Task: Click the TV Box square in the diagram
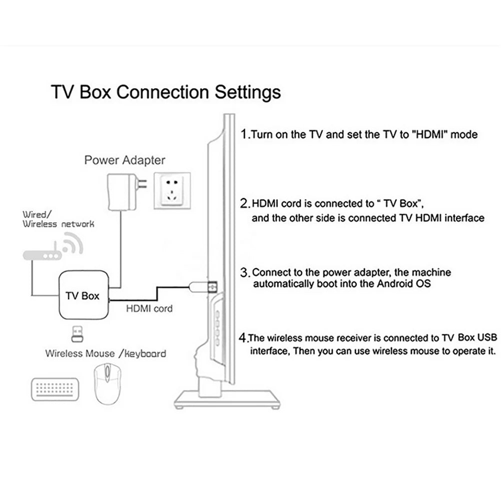[83, 295]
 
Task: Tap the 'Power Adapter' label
[125, 160]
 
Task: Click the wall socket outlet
[172, 190]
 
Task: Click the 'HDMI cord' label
[149, 308]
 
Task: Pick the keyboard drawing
[54, 381]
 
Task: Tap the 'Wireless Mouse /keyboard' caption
[106, 353]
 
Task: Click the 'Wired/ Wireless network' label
[58, 219]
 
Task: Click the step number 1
[244, 134]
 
